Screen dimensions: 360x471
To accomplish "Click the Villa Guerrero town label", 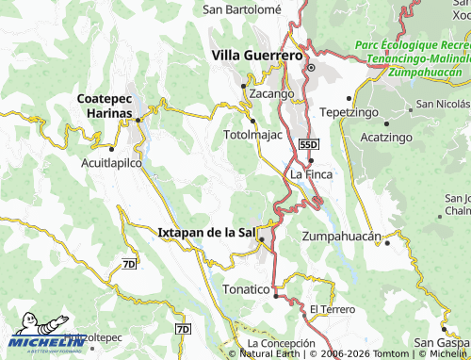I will click(x=257, y=56).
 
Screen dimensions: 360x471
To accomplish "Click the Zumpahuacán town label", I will click(x=340, y=236).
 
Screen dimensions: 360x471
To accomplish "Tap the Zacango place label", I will click(x=271, y=94).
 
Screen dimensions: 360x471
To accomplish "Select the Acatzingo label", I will click(x=388, y=138).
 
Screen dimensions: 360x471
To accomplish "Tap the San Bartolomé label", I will click(x=242, y=8).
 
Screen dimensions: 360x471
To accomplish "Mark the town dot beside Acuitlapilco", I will click(x=111, y=149).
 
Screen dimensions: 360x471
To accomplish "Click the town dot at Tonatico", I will click(x=275, y=296).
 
